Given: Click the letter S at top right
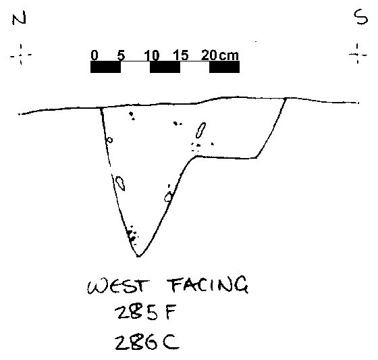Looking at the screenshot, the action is tap(360, 17).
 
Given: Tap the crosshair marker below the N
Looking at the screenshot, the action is tap(21, 55).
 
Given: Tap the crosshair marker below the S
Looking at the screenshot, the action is tap(358, 54).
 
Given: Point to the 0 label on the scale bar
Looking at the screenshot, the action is tap(94, 55).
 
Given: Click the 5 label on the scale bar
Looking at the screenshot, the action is tap(122, 55).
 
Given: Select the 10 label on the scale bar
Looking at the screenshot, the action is tap(152, 55).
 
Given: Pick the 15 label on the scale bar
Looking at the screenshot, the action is tap(181, 55).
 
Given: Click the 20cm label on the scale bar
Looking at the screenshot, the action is tap(220, 55).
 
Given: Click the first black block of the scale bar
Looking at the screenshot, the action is tap(105, 67).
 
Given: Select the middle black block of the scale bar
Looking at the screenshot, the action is tap(165, 67).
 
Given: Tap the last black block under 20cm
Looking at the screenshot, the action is tap(224, 67).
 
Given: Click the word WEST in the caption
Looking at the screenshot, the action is tap(118, 286).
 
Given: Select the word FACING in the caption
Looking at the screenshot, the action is tap(208, 285).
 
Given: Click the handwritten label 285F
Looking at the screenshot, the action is tap(146, 312).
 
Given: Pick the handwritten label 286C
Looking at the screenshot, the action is tap(147, 342).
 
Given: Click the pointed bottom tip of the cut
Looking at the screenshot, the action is tap(139, 256).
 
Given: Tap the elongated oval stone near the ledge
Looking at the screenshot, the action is tap(200, 130).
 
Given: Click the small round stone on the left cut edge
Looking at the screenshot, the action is tap(109, 140).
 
